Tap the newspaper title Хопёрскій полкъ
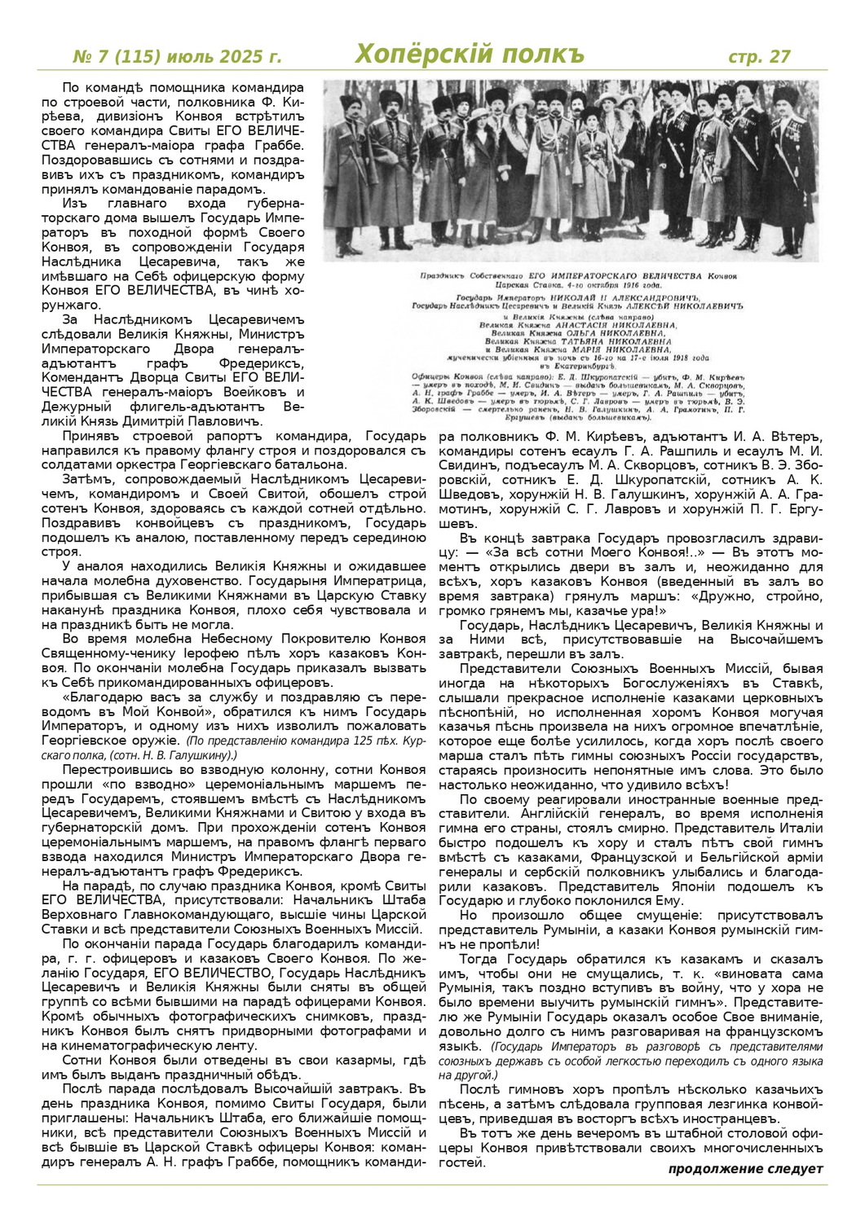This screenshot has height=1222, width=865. point(470,55)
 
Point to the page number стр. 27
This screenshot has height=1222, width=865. point(759,56)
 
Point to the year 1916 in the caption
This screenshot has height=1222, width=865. point(650,286)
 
